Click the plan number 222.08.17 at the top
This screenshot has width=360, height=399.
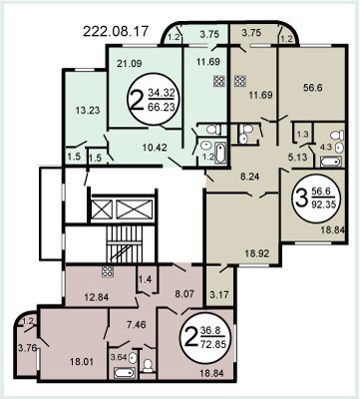[x=116, y=31]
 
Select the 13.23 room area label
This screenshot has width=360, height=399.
[x=88, y=110]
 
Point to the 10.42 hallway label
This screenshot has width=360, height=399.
[x=155, y=147]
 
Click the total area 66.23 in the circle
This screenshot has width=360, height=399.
[x=162, y=108]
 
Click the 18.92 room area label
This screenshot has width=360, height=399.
[x=257, y=253]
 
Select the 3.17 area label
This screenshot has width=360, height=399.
[x=220, y=294]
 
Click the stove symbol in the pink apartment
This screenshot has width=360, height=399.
[x=108, y=272]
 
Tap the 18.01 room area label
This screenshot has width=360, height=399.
[x=82, y=361]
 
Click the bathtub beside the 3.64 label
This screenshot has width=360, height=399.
[x=125, y=372]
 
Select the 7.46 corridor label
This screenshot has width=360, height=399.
[x=137, y=324]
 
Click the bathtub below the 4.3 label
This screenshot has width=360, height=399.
[x=331, y=162]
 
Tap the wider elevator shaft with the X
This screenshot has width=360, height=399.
[x=135, y=210]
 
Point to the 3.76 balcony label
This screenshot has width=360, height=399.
[x=26, y=348]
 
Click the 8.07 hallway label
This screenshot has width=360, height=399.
[x=184, y=294]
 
